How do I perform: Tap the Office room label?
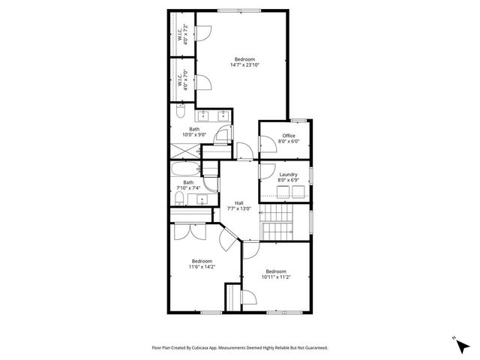point(289,136)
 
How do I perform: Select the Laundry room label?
point(289,175)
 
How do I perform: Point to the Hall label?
point(238,202)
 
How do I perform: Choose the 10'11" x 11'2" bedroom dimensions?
point(276,277)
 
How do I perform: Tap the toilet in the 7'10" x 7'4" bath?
point(179,199)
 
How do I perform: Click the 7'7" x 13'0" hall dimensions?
point(238,208)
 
